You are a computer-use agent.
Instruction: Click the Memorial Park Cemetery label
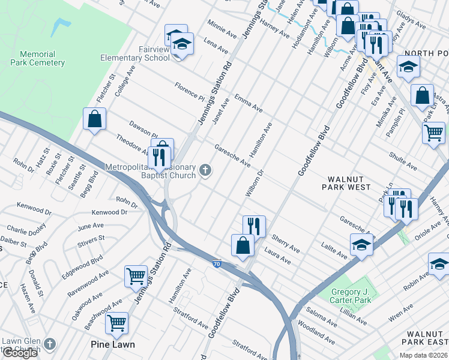pyautogui.click(x=37, y=58)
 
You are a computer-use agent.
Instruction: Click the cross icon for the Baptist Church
pyautogui.click(x=205, y=171)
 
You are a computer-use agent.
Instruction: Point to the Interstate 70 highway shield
pyautogui.click(x=216, y=263)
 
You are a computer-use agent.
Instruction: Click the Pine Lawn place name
pyautogui.click(x=112, y=344)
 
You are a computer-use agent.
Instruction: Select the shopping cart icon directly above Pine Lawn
pyautogui.click(x=116, y=322)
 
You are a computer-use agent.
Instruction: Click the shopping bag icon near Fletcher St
pyautogui.click(x=95, y=119)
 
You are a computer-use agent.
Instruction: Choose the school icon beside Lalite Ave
pyautogui.click(x=361, y=245)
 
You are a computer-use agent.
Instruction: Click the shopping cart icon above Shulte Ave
pyautogui.click(x=433, y=132)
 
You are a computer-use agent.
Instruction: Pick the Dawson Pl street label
pyautogui.click(x=143, y=127)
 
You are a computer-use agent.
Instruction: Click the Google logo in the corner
pyautogui.click(x=20, y=353)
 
